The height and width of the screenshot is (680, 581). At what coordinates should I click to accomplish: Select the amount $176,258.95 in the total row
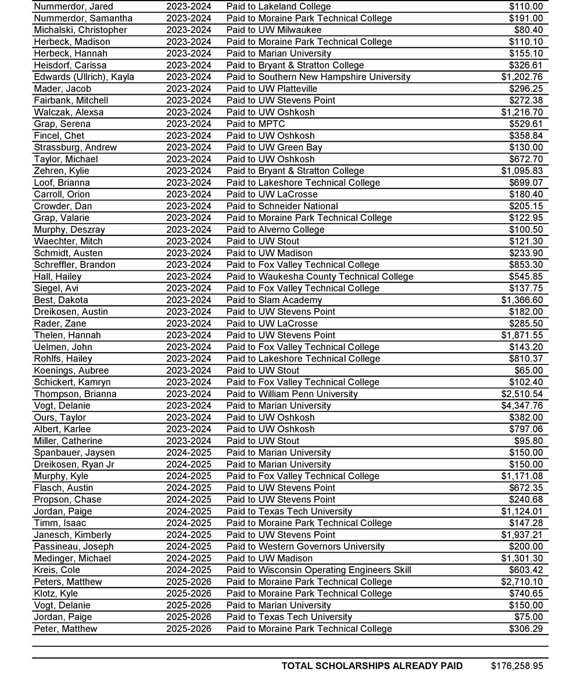coord(517,666)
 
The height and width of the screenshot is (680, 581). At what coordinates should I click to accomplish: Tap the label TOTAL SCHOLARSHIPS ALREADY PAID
coord(372,666)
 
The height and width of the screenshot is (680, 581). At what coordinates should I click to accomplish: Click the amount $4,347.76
coord(522,406)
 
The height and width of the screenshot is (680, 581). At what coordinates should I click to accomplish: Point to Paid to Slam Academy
coord(274,300)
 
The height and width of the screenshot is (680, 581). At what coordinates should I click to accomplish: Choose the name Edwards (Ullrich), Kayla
coord(84,77)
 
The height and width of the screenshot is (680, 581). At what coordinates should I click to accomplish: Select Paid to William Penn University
coord(292,394)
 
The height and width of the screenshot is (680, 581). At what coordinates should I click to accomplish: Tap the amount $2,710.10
coord(522,582)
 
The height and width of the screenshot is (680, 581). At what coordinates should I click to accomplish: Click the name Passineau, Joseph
coord(74,546)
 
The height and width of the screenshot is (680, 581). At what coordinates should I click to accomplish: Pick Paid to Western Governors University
coord(305,546)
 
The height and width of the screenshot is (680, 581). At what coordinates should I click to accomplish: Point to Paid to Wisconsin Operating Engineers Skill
coord(318,570)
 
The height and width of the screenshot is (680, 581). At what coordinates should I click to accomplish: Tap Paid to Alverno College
coord(275,230)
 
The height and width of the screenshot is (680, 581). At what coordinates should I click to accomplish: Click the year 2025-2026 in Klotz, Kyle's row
coord(188,593)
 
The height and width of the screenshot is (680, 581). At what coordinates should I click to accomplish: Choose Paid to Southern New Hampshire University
coord(318,77)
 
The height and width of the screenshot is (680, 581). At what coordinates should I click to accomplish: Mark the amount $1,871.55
coord(522,335)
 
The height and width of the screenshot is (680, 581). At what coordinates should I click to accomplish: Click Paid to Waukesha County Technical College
coord(320,277)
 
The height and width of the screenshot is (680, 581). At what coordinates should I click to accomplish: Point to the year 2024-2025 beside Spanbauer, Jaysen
coord(188,453)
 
